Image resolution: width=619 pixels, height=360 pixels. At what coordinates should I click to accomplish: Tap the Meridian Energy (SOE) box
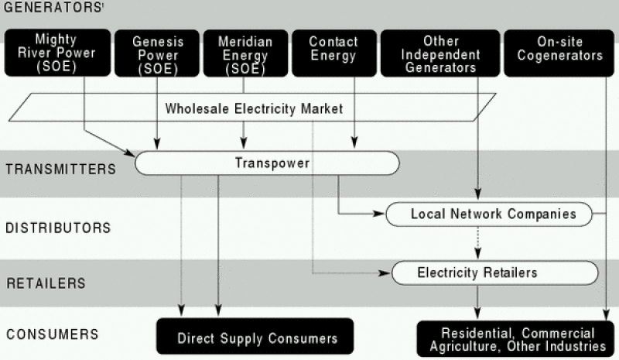[x=244, y=53]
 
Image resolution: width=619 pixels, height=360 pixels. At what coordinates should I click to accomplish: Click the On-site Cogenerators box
[x=559, y=53]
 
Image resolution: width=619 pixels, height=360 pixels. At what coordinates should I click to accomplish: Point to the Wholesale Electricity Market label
[x=254, y=108]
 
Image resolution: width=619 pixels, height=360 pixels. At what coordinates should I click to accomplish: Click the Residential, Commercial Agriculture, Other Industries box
[x=518, y=338]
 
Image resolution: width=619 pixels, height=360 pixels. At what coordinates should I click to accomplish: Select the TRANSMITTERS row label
[x=60, y=168]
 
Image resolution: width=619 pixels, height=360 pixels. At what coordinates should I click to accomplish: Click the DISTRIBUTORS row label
[x=57, y=228]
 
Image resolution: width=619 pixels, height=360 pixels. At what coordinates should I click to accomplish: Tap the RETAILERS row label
[x=46, y=283]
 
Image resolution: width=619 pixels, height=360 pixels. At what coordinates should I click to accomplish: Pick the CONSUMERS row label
[x=52, y=334]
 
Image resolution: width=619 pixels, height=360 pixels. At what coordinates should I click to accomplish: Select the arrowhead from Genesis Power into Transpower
[x=158, y=144]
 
